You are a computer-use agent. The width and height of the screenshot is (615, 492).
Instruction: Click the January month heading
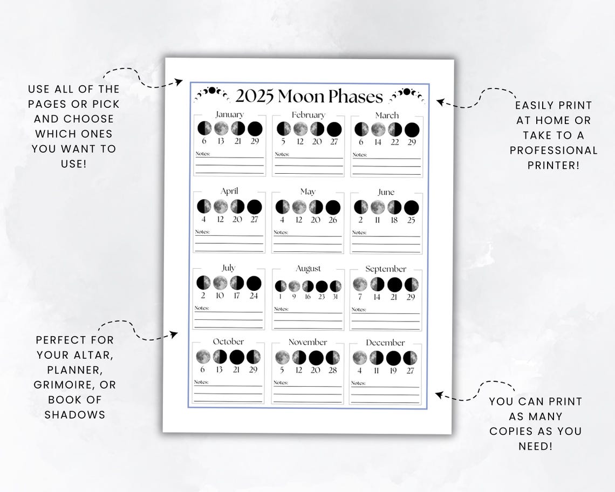pos(229,114)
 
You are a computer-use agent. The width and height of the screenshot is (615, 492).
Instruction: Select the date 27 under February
pos(334,142)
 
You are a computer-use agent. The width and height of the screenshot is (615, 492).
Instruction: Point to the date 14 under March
pos(378,142)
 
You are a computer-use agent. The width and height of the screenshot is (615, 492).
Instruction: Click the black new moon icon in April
pos(254,207)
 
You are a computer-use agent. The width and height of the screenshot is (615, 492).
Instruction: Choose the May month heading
pos(307,192)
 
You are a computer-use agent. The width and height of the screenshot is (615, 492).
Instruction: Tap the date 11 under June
pos(378,220)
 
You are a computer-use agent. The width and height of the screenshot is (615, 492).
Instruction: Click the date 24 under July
pos(254,296)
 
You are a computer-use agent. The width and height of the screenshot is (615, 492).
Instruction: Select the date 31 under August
pos(336,296)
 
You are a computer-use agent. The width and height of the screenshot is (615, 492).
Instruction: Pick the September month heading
pos(386,269)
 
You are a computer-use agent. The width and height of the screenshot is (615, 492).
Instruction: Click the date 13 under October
pos(219,370)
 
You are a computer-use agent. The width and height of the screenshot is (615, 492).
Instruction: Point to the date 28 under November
pos(333,370)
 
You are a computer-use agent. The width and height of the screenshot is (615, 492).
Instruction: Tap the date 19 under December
pos(394,371)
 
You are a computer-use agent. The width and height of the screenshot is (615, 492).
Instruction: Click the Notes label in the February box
pos(282,154)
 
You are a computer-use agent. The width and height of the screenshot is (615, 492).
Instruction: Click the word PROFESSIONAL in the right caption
pos(553,150)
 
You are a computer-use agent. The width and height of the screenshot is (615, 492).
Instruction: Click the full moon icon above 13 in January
pos(221,128)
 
